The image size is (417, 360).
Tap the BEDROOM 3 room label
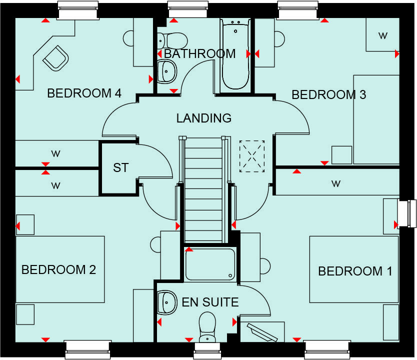pyautogui.click(x=328, y=94)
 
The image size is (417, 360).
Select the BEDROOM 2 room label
pyautogui.click(x=58, y=270)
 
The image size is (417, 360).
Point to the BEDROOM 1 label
pyautogui.click(x=354, y=271)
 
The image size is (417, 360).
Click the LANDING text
pyautogui.click(x=203, y=118)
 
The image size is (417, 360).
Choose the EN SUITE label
pyautogui.click(x=209, y=302)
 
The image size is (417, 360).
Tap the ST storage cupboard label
pyautogui.click(x=120, y=168)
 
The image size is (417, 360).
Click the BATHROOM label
pyautogui.click(x=199, y=53)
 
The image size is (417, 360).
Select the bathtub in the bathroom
pyautogui.click(x=235, y=55)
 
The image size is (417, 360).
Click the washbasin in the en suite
pyautogui.click(x=165, y=301)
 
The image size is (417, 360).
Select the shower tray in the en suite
pyautogui.click(x=209, y=264)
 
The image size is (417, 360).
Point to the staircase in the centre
pyautogui.click(x=202, y=190)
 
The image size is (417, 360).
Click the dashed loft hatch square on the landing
pyautogui.click(x=251, y=156)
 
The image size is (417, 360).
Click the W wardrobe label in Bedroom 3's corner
pyautogui.click(x=382, y=35)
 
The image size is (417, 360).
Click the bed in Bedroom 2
pyautogui.click(x=60, y=270)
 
